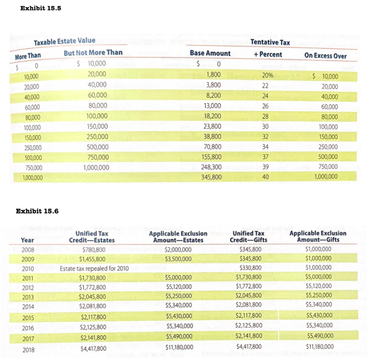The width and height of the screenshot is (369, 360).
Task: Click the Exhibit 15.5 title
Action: tap(40, 8)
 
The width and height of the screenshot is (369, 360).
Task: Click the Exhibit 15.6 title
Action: tap(38, 211)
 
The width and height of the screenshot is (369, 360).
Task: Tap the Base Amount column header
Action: tap(210, 54)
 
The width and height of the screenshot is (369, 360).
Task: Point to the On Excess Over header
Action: tap(325, 56)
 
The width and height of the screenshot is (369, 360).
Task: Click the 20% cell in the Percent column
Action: tap(268, 76)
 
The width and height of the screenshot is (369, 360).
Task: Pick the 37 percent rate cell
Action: tap(265, 157)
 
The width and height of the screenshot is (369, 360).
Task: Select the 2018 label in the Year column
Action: tap(28, 350)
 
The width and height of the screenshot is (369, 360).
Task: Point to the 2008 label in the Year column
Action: tap(28, 249)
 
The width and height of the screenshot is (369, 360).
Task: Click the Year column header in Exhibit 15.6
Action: tap(26, 240)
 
